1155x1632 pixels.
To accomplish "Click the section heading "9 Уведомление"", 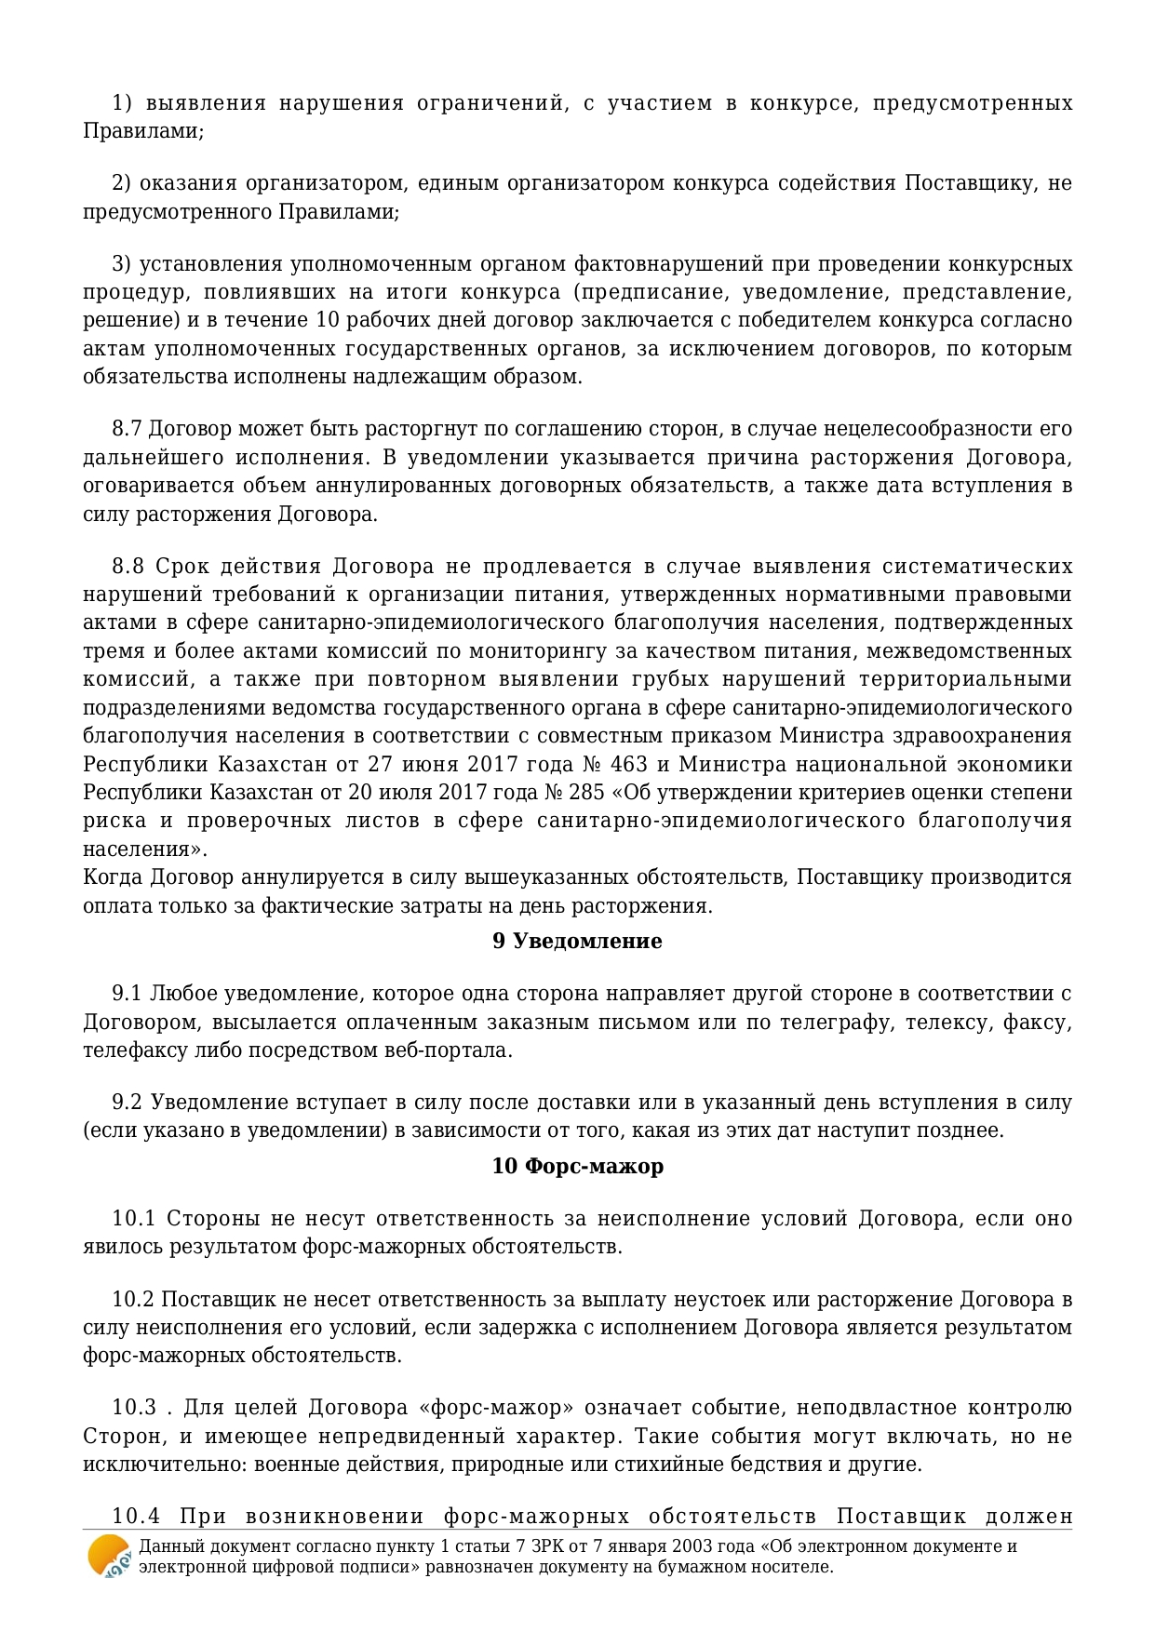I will click(577, 941).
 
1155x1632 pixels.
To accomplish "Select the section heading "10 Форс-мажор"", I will click(577, 1166).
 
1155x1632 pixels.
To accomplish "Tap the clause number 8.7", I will click(127, 429).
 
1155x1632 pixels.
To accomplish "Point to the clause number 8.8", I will click(128, 567).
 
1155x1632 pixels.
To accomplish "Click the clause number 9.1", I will click(127, 994).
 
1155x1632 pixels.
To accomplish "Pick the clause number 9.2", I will click(127, 1103).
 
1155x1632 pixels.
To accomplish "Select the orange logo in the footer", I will click(109, 1556).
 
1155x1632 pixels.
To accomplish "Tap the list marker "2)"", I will click(122, 183).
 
